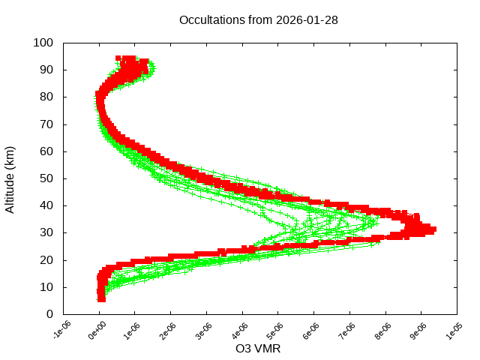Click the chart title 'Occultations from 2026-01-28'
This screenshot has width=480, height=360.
258,20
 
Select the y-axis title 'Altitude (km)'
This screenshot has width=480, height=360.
10,178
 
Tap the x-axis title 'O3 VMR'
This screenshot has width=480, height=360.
258,349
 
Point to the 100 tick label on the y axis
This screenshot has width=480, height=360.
43,43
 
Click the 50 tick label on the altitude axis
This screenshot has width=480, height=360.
46,178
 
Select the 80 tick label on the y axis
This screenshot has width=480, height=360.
46,97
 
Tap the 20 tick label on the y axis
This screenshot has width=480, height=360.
46,259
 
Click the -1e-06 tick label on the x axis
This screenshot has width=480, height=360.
61,331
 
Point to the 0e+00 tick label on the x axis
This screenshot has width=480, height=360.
97,331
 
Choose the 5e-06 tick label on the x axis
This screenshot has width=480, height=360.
277,331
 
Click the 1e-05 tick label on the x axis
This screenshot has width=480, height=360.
455,331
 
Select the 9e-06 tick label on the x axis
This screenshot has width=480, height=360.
420,331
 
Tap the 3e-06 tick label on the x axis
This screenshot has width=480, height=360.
205,331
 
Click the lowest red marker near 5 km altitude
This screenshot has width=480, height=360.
101,299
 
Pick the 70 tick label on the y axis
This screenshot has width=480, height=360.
46,124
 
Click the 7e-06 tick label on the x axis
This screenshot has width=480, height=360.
348,331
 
